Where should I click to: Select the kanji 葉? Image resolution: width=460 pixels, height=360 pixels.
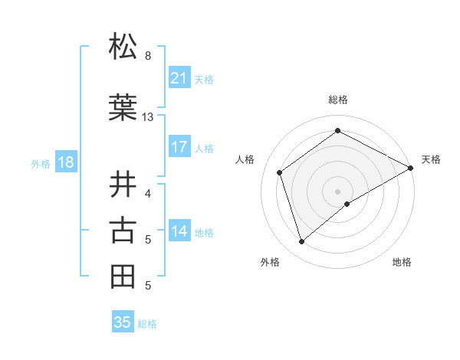(123, 107)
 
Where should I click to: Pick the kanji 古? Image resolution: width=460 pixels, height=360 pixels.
(123, 230)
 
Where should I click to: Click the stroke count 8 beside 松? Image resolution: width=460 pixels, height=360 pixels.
(148, 56)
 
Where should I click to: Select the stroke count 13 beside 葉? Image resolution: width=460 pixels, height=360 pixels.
(148, 117)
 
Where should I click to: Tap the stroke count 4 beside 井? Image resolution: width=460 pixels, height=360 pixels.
(148, 193)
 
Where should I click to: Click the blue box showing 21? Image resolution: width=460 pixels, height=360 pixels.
(179, 78)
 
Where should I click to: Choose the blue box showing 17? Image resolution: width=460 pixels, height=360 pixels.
(179, 147)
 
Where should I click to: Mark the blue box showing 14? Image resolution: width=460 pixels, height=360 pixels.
(179, 231)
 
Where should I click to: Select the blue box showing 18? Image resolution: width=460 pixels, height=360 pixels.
(65, 162)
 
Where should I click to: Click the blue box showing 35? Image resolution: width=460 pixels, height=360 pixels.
(123, 322)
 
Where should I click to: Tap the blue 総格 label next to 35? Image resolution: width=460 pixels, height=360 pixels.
(147, 324)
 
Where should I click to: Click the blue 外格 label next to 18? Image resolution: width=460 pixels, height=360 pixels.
(41, 163)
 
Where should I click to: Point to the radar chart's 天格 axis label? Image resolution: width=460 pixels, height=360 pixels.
(431, 159)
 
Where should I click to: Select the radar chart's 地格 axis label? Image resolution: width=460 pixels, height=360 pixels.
(402, 262)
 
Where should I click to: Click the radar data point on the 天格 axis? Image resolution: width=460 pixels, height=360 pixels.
(411, 169)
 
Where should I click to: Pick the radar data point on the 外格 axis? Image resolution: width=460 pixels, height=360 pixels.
(302, 242)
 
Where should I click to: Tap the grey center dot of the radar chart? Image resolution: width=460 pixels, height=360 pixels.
(337, 191)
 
